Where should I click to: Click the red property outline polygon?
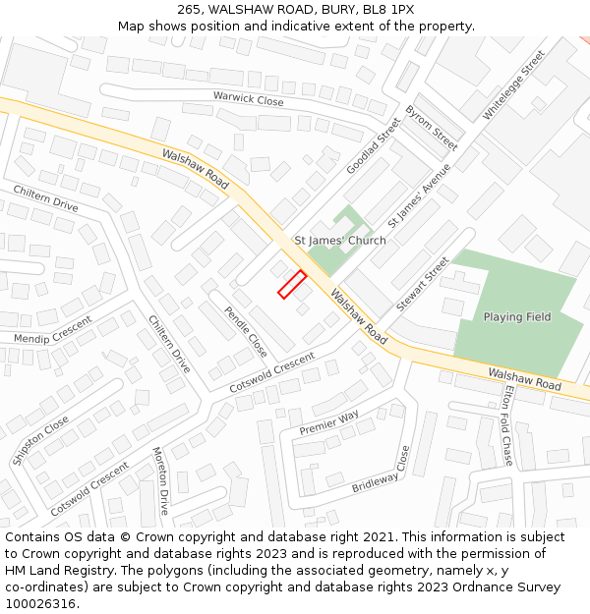292,284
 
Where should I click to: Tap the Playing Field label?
516,317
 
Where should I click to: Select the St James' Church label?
340,241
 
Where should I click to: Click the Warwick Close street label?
248,99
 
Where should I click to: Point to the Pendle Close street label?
245,332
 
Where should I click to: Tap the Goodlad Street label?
373,146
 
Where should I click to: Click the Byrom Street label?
432,127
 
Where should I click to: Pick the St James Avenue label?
419,195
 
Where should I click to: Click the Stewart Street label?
422,284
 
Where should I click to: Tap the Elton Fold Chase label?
507,424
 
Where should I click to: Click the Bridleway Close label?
380,471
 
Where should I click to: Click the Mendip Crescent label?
52,330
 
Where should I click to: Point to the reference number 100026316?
40,603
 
